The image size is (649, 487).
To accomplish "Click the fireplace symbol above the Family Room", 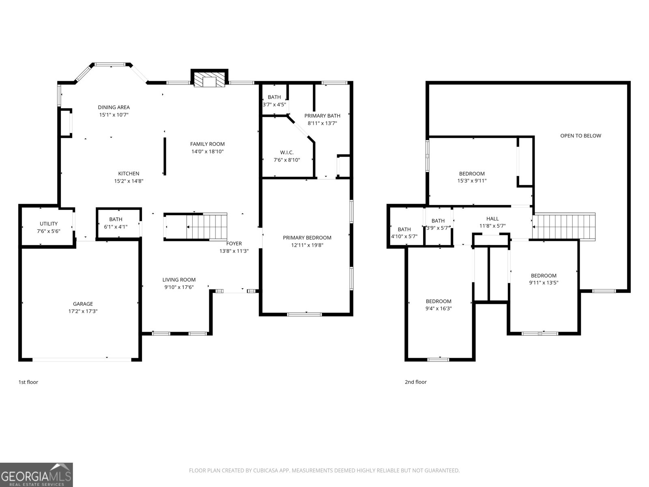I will pyautogui.click(x=209, y=80).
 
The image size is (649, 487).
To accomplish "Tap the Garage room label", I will pyautogui.click(x=83, y=304).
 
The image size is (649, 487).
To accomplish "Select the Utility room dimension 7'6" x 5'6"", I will pyautogui.click(x=49, y=231).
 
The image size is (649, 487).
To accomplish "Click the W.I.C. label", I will pyautogui.click(x=287, y=152).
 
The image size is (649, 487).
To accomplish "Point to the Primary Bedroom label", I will pyautogui.click(x=307, y=237).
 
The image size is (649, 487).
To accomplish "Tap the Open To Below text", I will pyautogui.click(x=580, y=136).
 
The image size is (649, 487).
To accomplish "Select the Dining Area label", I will pyautogui.click(x=114, y=107).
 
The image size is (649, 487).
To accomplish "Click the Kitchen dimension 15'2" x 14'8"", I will pyautogui.click(x=129, y=181).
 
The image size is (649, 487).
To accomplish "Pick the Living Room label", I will pyautogui.click(x=179, y=280).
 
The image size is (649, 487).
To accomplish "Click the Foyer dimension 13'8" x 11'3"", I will pyautogui.click(x=234, y=251).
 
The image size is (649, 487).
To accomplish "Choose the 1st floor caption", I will pyautogui.click(x=28, y=382).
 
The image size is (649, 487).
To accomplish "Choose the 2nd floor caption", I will pyautogui.click(x=415, y=382).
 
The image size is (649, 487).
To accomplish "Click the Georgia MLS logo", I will pyautogui.click(x=37, y=474).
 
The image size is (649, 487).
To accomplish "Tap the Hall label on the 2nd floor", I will pyautogui.click(x=492, y=218).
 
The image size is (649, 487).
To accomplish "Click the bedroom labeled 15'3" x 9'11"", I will pyautogui.click(x=472, y=177).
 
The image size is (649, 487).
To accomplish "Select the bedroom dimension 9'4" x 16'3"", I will pyautogui.click(x=438, y=308).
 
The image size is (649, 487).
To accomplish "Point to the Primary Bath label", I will pyautogui.click(x=322, y=116).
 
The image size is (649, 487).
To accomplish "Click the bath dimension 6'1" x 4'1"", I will pyautogui.click(x=116, y=227).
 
